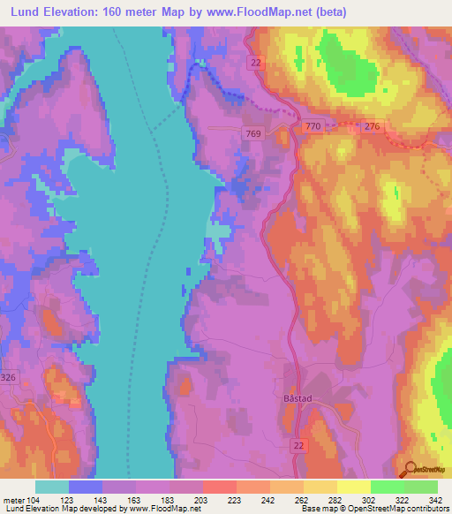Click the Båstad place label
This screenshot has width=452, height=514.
tap(300, 399)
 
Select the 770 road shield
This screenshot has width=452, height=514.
tap(313, 127)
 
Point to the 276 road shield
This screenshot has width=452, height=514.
tap(372, 127)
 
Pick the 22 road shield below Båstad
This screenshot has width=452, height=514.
tap(300, 446)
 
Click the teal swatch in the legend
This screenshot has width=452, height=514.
tap(51, 486)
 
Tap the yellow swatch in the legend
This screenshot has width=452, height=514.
tap(352, 486)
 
